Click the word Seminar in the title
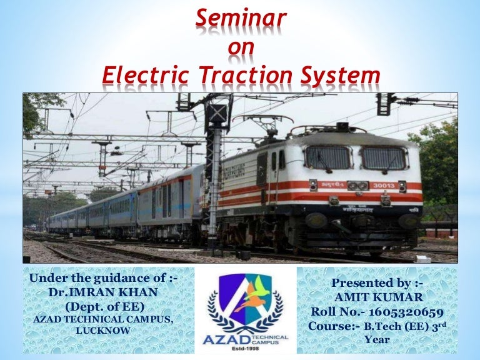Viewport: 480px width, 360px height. coord(240,19)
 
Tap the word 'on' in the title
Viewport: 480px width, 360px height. coord(240,47)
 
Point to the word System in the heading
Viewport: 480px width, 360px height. coord(342,76)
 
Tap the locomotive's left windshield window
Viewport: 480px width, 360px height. coord(327,157)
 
